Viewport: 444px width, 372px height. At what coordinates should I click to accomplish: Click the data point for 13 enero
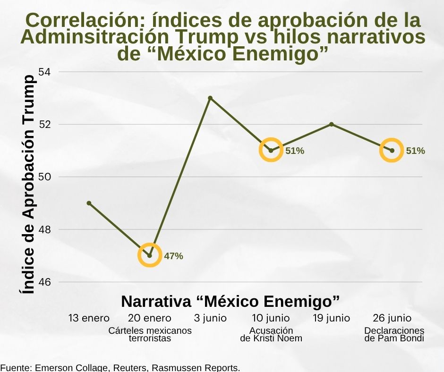click(89, 203)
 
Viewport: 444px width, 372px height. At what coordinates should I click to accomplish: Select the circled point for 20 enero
click(150, 255)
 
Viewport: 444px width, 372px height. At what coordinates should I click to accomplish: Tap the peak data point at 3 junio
click(210, 98)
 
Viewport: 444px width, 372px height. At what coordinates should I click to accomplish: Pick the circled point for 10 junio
click(271, 151)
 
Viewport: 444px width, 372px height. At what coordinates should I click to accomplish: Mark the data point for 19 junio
click(332, 124)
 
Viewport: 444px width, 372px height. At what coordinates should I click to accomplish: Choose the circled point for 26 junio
click(392, 151)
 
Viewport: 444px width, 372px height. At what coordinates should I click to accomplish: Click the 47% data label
click(173, 256)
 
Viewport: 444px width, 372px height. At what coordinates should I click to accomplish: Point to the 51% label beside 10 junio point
click(295, 151)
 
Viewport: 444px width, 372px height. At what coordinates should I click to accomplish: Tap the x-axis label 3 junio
click(210, 318)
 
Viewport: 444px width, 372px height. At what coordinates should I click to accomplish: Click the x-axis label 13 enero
click(89, 318)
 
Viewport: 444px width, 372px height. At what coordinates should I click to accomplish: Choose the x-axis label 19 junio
click(332, 318)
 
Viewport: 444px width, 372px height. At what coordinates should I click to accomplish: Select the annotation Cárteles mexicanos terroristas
click(150, 334)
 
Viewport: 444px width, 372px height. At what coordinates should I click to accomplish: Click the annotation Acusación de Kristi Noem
click(271, 334)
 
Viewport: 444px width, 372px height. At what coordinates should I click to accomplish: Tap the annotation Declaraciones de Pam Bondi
click(394, 334)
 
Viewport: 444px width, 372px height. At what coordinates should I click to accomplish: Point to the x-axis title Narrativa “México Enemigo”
click(231, 301)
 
